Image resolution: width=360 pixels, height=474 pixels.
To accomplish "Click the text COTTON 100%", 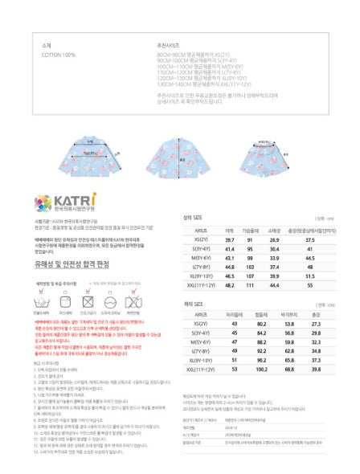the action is click(x=58, y=55).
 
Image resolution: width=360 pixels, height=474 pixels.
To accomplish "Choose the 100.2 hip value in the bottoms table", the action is click(x=260, y=370).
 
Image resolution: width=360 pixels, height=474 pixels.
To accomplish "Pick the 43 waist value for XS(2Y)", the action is click(x=232, y=323).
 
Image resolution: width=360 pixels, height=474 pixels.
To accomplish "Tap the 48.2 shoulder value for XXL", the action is click(x=230, y=286).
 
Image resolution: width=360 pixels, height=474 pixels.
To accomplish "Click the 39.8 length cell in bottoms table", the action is click(x=328, y=370).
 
